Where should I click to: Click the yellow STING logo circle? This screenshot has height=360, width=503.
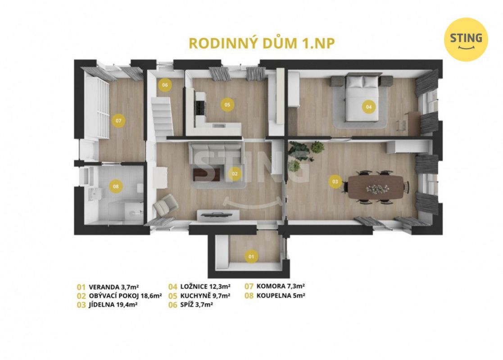[466, 39]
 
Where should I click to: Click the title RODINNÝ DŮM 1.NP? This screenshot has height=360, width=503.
[262, 44]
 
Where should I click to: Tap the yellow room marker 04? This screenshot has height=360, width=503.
[369, 107]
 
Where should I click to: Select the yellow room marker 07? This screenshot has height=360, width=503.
[118, 121]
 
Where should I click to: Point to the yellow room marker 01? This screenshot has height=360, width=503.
[251, 256]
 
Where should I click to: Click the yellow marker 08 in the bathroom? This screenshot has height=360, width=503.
[116, 187]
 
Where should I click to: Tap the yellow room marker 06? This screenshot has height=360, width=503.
[165, 85]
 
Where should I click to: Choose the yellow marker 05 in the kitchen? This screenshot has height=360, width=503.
[227, 105]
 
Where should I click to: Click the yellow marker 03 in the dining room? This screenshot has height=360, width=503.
[335, 182]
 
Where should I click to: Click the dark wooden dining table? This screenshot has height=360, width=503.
[376, 187]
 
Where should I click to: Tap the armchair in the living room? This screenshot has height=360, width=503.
[166, 205]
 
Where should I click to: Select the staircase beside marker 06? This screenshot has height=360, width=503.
[162, 118]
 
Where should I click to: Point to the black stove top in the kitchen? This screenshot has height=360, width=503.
[200, 108]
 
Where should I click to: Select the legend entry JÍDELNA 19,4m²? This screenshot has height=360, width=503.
[113, 305]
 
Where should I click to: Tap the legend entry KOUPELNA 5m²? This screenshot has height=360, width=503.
[281, 296]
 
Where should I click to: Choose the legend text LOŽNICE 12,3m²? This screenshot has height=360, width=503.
[205, 287]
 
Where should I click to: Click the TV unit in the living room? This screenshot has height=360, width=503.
[218, 215]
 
